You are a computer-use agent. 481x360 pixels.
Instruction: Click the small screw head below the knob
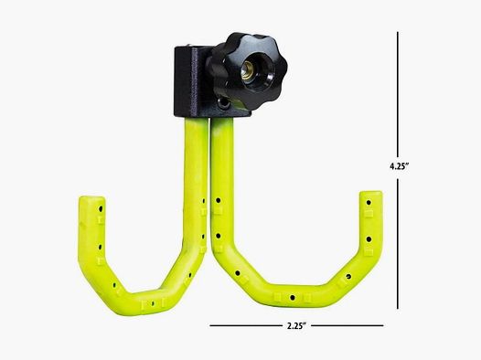tap(220, 107)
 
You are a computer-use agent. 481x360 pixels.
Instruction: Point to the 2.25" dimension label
tap(295, 326)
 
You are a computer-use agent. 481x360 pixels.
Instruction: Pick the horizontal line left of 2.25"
tap(242, 325)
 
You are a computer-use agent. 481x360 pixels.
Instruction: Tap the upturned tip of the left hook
tap(92, 206)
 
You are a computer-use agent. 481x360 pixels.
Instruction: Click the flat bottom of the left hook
tap(142, 296)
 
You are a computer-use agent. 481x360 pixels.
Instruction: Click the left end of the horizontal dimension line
tap(210, 325)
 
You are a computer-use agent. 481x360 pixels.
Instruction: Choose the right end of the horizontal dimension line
tap(383, 325)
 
